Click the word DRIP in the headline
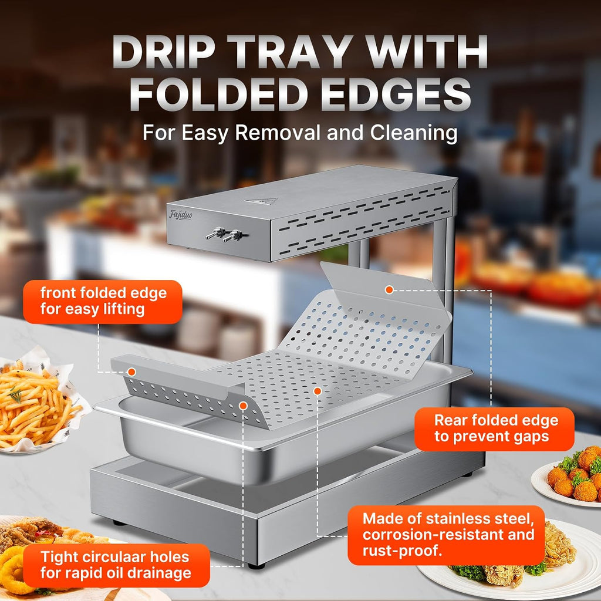click(x=164, y=52)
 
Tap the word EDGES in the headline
click(x=396, y=94)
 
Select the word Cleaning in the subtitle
click(x=414, y=133)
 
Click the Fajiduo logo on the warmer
click(x=181, y=215)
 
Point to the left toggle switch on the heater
click(x=215, y=232)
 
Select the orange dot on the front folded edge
click(x=131, y=372)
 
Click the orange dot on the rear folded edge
click(x=389, y=290)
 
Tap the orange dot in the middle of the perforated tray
click(x=317, y=391)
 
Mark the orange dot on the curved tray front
click(x=243, y=406)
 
